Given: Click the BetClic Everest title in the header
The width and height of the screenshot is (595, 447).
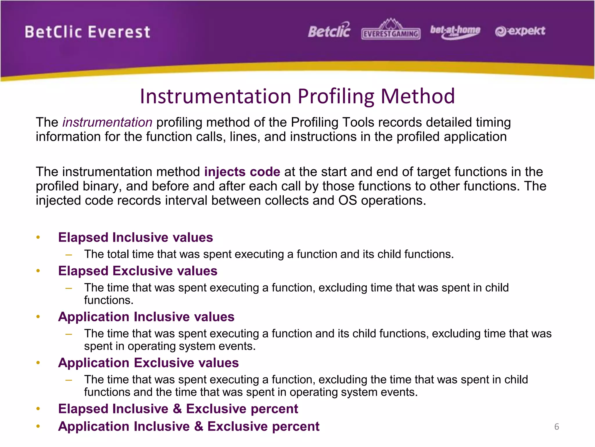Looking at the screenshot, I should click(x=87, y=32).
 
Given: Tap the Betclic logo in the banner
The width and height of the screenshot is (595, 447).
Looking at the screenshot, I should click(x=329, y=31).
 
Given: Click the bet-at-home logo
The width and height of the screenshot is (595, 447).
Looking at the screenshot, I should click(x=455, y=31).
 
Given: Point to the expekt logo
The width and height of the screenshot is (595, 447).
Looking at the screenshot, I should click(x=520, y=31).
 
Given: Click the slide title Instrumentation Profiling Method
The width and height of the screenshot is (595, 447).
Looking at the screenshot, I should click(x=297, y=96).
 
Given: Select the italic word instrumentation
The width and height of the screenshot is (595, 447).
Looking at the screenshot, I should click(x=107, y=122).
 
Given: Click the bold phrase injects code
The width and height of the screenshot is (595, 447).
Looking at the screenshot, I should click(x=242, y=172).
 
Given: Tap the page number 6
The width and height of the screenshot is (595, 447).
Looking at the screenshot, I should click(x=556, y=427).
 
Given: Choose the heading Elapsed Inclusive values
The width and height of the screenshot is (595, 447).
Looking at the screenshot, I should click(x=135, y=237).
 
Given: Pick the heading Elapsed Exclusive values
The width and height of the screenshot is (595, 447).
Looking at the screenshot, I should click(x=137, y=271).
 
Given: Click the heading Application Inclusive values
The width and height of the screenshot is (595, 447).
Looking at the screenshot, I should click(x=146, y=317).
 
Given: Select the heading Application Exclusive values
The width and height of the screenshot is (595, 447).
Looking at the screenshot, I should click(x=148, y=363).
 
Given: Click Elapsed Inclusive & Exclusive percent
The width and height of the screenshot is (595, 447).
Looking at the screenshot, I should click(x=178, y=409).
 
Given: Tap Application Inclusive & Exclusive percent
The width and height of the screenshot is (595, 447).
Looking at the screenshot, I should click(x=189, y=426).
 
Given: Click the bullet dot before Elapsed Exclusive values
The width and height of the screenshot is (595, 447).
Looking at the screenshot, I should click(x=38, y=271).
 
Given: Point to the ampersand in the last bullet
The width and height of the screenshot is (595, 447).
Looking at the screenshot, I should click(x=199, y=426).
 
